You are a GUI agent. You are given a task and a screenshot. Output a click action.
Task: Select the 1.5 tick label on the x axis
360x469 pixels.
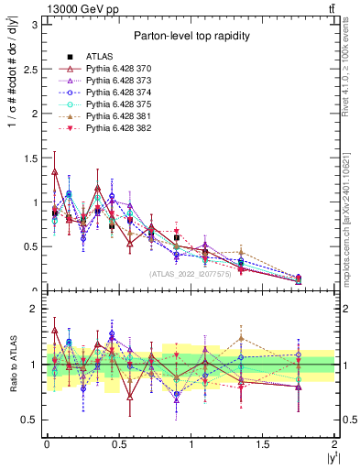coord(263,443)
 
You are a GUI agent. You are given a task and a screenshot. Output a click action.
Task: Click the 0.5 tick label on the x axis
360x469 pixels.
coord(118,443)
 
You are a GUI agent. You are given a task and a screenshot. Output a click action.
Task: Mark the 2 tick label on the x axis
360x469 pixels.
coord(335,443)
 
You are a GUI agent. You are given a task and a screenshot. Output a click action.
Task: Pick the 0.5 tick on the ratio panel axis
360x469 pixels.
coord(31,420)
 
